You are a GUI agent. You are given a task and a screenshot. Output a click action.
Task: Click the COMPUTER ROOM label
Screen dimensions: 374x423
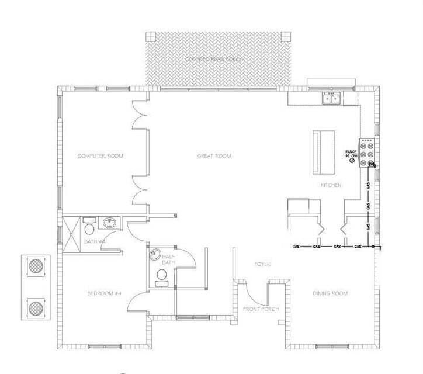(x=103, y=156)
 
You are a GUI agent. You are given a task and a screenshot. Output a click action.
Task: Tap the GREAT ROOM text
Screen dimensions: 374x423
(x=214, y=156)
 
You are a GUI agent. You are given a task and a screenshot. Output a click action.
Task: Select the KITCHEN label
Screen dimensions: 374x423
(x=331, y=185)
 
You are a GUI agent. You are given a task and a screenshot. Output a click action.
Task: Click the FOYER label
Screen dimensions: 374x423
(x=261, y=264)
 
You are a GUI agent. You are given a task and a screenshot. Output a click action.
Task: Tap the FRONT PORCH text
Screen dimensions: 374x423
(x=261, y=309)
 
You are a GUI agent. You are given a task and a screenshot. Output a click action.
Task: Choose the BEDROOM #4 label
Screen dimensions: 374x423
(x=103, y=293)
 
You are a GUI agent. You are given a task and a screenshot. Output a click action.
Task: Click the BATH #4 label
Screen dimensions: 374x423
(x=94, y=241)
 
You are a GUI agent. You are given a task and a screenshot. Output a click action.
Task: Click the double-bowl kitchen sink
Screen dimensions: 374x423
(x=331, y=98)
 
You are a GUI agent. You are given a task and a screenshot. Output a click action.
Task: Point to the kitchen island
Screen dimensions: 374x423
(x=324, y=152)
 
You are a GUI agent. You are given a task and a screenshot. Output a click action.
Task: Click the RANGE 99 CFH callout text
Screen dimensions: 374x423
(x=351, y=155)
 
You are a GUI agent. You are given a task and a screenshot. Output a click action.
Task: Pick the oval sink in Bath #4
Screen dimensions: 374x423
(x=109, y=223)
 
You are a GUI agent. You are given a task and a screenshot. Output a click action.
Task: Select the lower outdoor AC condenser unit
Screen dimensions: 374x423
(x=36, y=306)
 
